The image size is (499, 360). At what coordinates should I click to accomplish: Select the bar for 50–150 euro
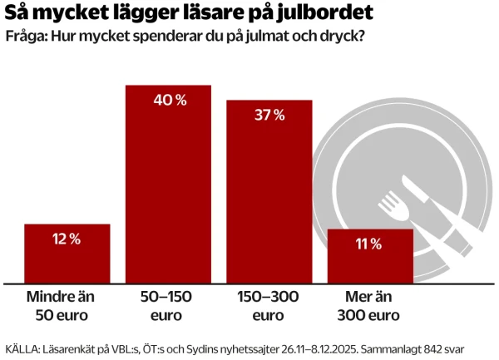coord(168,191)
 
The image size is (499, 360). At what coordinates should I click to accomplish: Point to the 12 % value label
coord(67,239)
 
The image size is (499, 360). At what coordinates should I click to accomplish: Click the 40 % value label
coord(168,101)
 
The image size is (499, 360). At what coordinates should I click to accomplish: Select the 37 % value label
coord(269,116)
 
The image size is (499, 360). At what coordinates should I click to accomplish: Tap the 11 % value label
coord(370,244)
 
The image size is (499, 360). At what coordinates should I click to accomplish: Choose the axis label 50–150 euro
coord(168,306)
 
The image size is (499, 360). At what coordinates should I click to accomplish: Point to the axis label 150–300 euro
coord(269,306)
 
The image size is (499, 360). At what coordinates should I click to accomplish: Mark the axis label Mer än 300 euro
coord(369,306)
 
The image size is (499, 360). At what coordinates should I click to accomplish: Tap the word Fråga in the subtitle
coord(25,38)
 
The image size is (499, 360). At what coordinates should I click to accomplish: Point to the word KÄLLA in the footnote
coord(22,348)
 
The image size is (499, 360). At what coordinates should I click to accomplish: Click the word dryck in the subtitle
coord(347,38)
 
